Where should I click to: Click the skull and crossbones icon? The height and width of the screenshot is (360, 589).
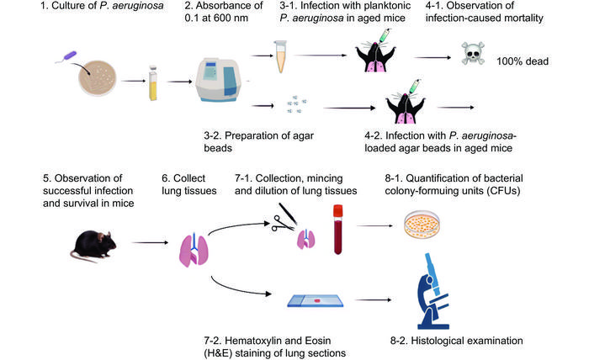point(473,57)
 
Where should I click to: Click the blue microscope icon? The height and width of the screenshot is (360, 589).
point(438,290)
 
